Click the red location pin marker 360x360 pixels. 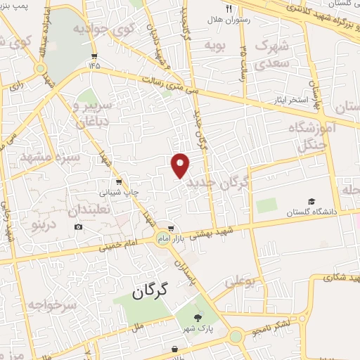coord(181,165)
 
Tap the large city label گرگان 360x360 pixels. coord(153,290)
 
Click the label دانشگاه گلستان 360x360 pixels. coord(310,212)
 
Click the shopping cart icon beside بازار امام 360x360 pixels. coord(171,229)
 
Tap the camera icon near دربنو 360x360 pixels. coord(78,226)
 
